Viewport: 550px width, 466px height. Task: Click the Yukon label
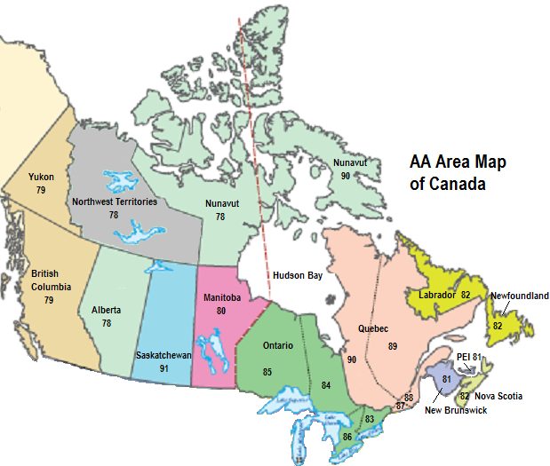pos(41,178)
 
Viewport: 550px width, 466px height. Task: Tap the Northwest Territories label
pos(114,202)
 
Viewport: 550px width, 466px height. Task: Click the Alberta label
pos(107,311)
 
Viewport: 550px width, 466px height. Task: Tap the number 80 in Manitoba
pos(221,311)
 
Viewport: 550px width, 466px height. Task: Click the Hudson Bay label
pos(297,275)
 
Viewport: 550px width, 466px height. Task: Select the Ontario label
pos(278,345)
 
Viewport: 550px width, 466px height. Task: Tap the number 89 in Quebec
pos(392,345)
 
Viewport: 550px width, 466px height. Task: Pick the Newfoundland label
pos(520,296)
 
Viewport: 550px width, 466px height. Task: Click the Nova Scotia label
pos(498,396)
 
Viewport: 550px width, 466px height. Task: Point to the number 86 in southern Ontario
pos(347,437)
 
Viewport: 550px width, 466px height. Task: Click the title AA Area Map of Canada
pos(449,173)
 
